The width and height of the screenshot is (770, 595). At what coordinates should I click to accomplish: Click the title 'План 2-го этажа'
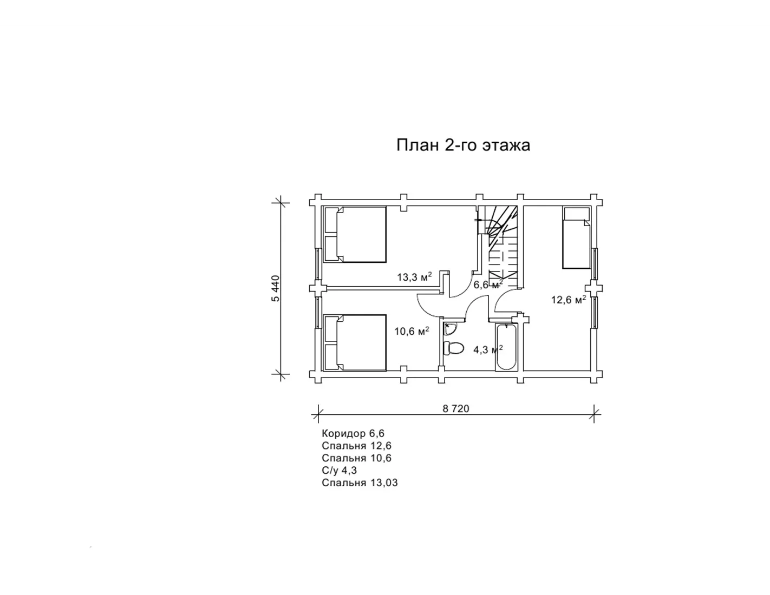pos(463,145)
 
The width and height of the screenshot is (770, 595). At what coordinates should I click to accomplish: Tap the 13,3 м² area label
pos(414,276)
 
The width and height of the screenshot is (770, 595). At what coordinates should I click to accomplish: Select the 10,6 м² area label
pos(412,331)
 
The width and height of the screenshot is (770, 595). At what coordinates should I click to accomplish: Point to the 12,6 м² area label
pos(569,300)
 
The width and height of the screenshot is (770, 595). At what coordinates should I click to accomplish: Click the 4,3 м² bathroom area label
pos(488,350)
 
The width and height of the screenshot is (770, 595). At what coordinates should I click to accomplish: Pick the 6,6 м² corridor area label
pos(488,284)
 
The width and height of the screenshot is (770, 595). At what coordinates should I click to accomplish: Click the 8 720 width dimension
pos(456,409)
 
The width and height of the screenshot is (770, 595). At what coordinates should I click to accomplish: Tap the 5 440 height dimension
pos(276,288)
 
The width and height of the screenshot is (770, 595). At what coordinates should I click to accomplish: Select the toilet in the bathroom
pos(454,348)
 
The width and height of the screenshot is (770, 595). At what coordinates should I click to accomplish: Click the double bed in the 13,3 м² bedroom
pos(355,235)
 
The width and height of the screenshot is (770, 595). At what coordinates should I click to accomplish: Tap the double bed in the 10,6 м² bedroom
pos(355,342)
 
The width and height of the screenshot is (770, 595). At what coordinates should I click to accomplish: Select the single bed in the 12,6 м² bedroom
pos(576,238)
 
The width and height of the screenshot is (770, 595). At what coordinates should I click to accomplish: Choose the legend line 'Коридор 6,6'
pos(353,433)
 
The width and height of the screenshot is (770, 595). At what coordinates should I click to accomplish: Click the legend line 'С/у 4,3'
pos(339,471)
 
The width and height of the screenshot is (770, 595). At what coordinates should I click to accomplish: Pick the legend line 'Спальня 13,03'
pos(360,483)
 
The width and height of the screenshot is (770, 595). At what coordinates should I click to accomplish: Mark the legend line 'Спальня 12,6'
pos(356,446)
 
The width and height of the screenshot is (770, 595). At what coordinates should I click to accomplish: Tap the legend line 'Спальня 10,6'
pos(356,458)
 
